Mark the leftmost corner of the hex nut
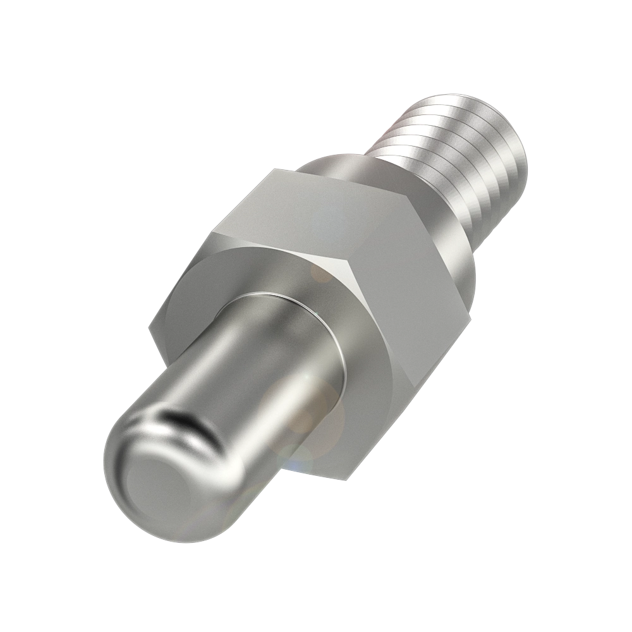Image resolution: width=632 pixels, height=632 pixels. click(150, 329)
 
